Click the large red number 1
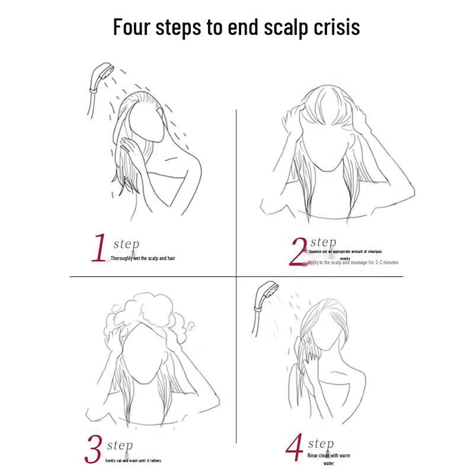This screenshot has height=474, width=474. [x=99, y=248]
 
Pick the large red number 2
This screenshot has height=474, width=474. [x=299, y=251]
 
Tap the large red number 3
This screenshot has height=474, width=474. [x=94, y=450]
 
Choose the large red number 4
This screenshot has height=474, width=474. [x=294, y=449]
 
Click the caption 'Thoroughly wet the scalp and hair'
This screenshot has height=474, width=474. [x=143, y=258]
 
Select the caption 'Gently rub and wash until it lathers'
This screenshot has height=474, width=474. [x=133, y=460]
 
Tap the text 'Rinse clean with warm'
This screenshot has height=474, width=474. [x=328, y=456]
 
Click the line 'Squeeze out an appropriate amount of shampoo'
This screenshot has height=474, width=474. [x=345, y=252]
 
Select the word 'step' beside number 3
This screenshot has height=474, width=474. [x=120, y=446]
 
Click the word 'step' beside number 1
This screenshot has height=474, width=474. [x=126, y=244]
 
